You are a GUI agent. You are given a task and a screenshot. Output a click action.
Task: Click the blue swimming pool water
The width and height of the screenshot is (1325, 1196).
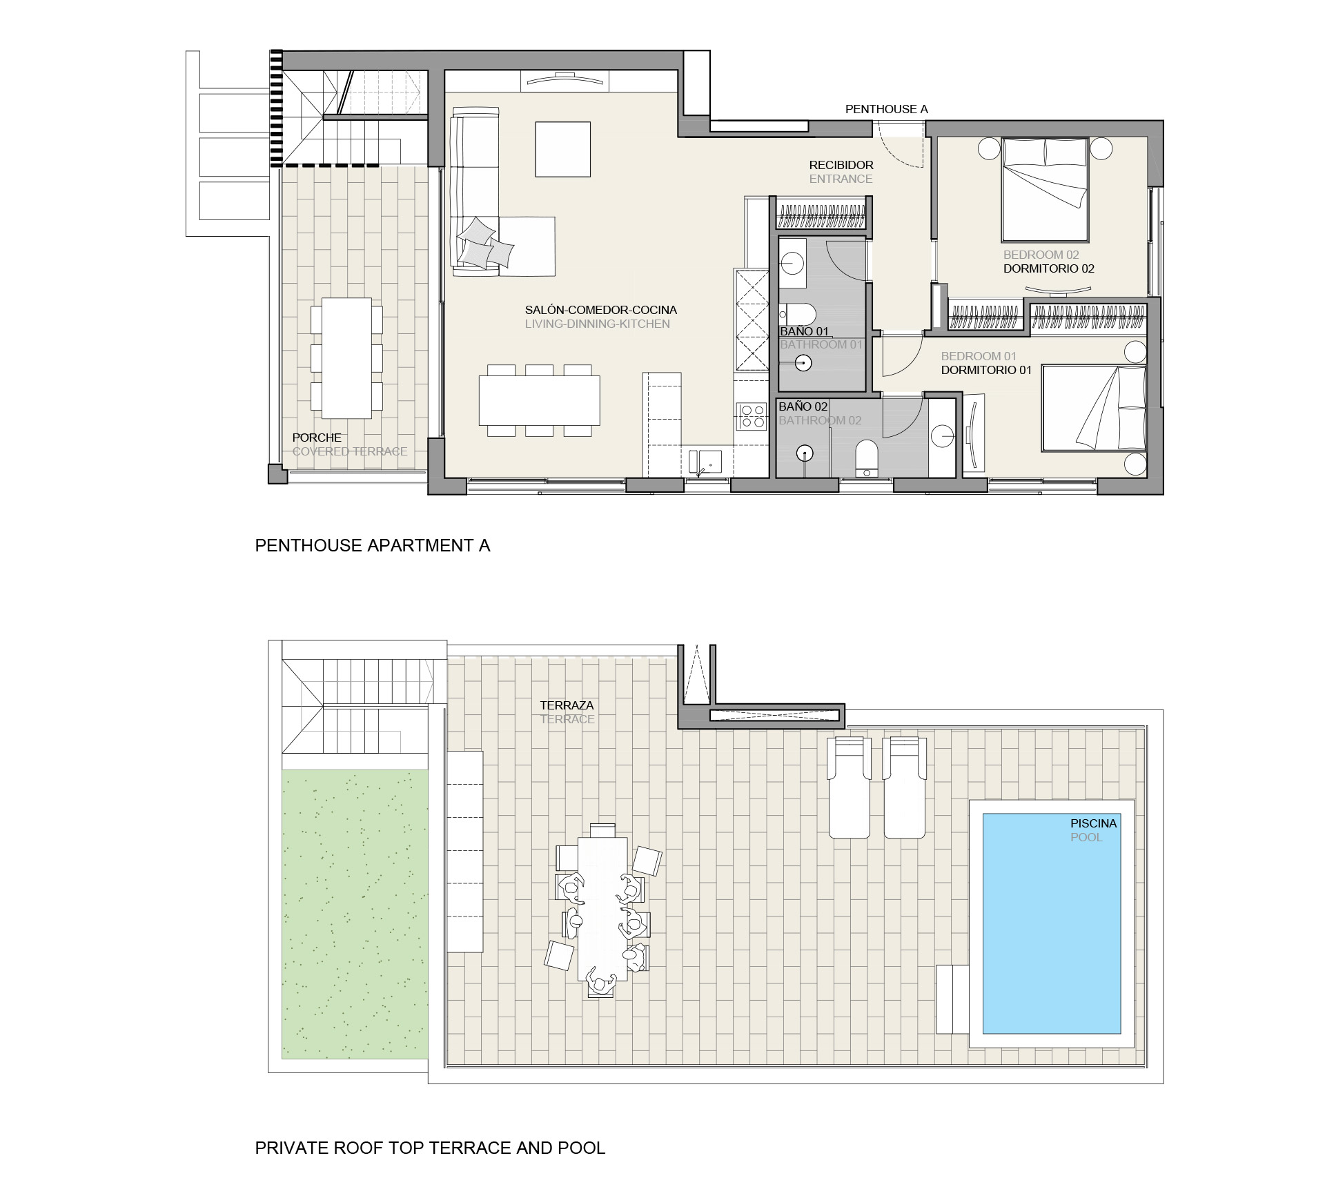[x=1051, y=923]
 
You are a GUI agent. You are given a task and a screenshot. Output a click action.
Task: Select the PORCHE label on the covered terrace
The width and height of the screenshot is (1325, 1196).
[x=317, y=438]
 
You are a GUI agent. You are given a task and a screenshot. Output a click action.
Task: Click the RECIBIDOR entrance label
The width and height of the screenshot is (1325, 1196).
[x=841, y=165]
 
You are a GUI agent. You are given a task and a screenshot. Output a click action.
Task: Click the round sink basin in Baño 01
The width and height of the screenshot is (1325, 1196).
[x=794, y=263]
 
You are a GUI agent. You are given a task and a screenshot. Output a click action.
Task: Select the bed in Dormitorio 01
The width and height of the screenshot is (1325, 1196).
[x=1094, y=408]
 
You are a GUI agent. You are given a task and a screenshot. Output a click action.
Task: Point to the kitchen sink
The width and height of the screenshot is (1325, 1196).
[x=705, y=461]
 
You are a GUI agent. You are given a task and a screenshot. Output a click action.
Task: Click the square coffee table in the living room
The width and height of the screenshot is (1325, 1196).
[x=563, y=149]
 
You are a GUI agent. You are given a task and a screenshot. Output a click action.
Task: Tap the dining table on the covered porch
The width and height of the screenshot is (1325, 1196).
[x=346, y=357]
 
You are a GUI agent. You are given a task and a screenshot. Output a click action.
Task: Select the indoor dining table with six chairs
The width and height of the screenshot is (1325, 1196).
[x=540, y=400]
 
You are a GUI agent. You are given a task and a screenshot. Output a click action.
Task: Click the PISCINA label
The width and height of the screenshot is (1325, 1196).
[x=1093, y=823]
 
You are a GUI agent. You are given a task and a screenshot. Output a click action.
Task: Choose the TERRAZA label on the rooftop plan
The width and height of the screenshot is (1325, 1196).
[x=567, y=705]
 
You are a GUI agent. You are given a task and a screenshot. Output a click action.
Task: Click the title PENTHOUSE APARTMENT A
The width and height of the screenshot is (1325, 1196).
[x=373, y=546]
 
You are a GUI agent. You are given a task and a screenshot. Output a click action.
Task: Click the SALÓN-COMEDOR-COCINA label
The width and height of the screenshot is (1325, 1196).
[x=601, y=310]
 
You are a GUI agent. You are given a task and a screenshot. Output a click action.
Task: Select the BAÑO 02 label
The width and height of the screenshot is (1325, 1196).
[x=803, y=406]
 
